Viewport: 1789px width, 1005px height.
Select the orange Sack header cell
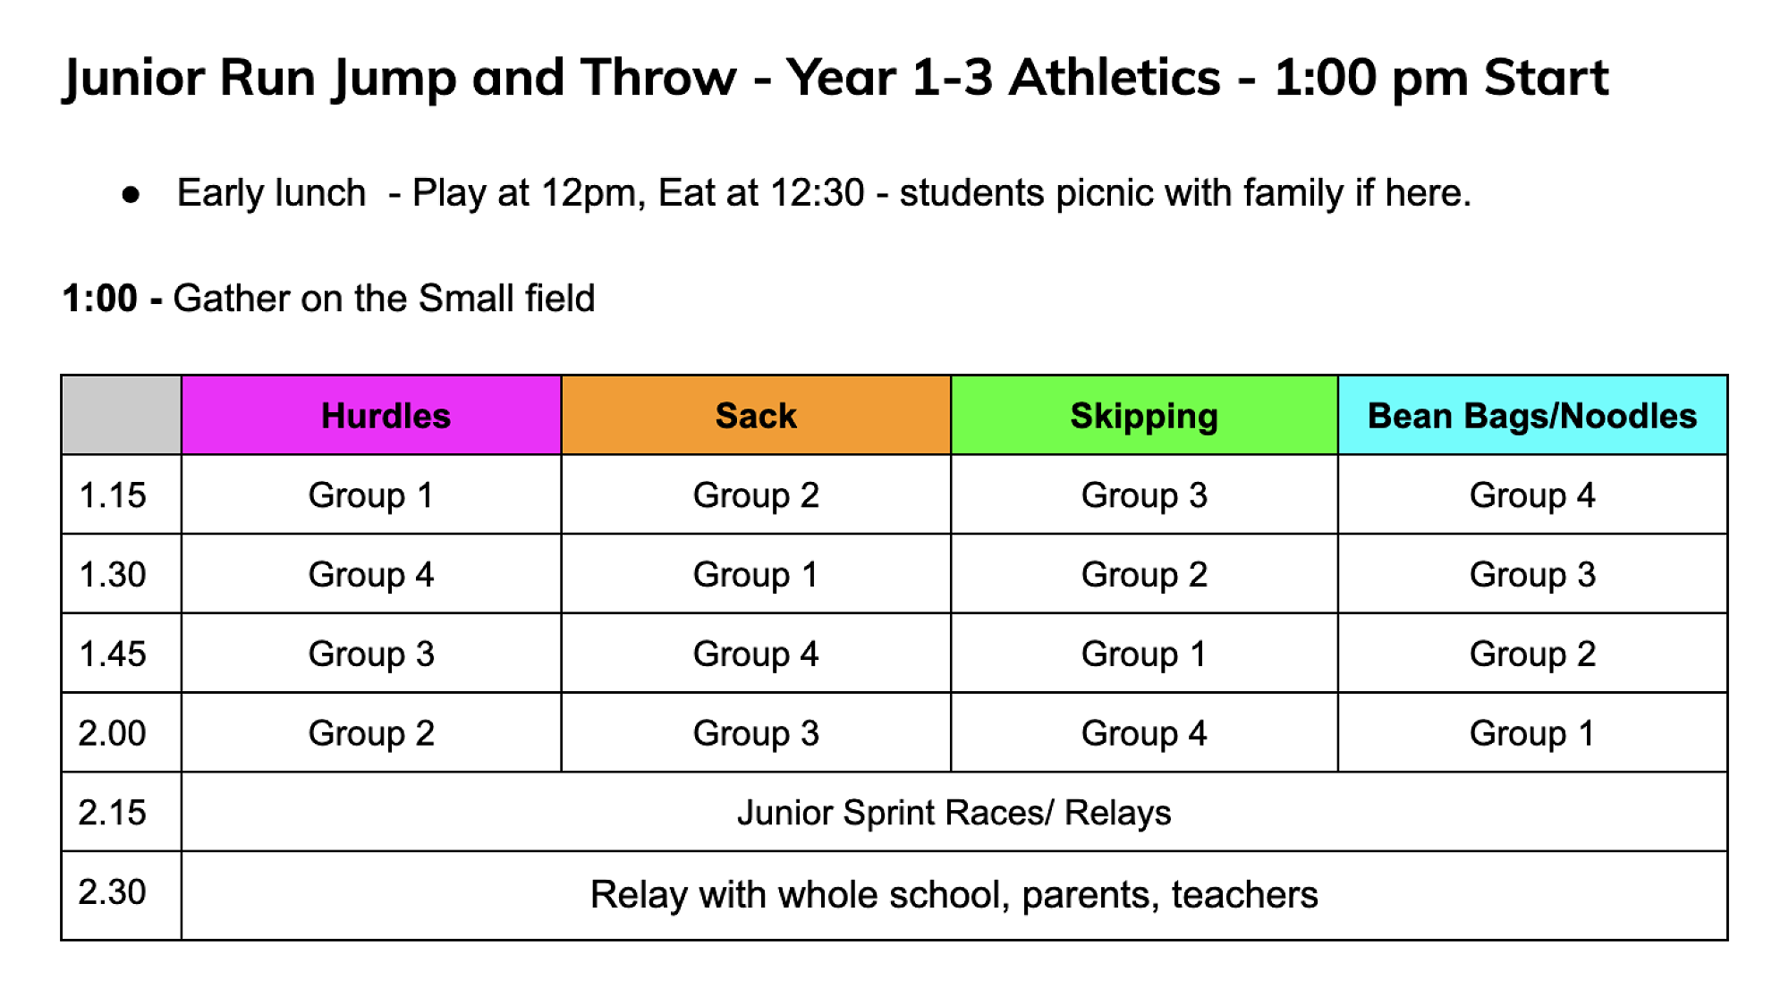pos(756,416)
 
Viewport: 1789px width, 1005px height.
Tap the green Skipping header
pos(1144,416)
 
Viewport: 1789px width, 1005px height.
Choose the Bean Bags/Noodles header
pos(1532,416)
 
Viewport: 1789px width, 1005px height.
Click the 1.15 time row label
pos(113,495)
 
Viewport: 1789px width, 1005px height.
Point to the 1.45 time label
pos(113,654)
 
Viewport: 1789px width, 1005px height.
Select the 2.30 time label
pos(113,891)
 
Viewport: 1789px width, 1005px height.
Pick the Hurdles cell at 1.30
pos(371,574)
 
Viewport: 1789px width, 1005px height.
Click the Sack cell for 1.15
pos(756,495)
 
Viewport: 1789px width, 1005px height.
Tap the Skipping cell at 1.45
pos(1144,654)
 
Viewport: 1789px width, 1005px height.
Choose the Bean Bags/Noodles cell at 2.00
pos(1532,733)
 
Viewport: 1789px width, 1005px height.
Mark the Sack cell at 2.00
pos(756,733)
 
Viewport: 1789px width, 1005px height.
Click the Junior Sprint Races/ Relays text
pos(954,813)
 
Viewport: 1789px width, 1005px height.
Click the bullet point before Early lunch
pos(131,194)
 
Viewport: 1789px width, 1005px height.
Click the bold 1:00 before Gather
pos(100,298)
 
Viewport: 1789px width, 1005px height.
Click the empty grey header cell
pos(122,416)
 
